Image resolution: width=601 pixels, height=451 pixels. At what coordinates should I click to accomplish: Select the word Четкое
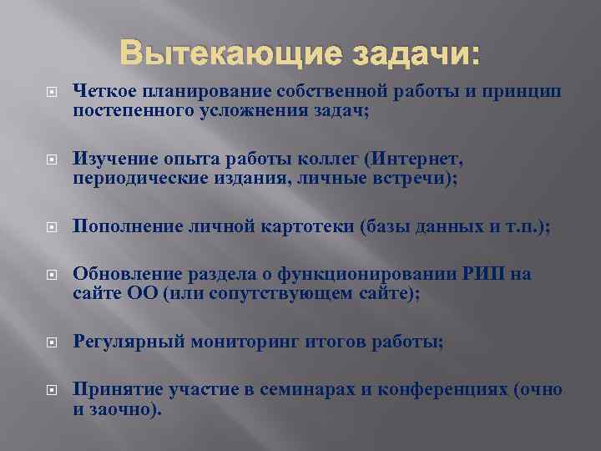point(104,90)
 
